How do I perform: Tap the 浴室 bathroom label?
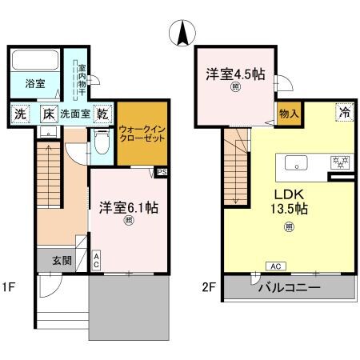point(34,82)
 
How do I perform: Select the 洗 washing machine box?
point(19,114)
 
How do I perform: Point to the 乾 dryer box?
point(102,114)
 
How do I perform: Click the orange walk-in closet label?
point(142,133)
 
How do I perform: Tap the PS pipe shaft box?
point(162,171)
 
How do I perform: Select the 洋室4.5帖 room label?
point(234,74)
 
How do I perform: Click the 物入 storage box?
point(288,114)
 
